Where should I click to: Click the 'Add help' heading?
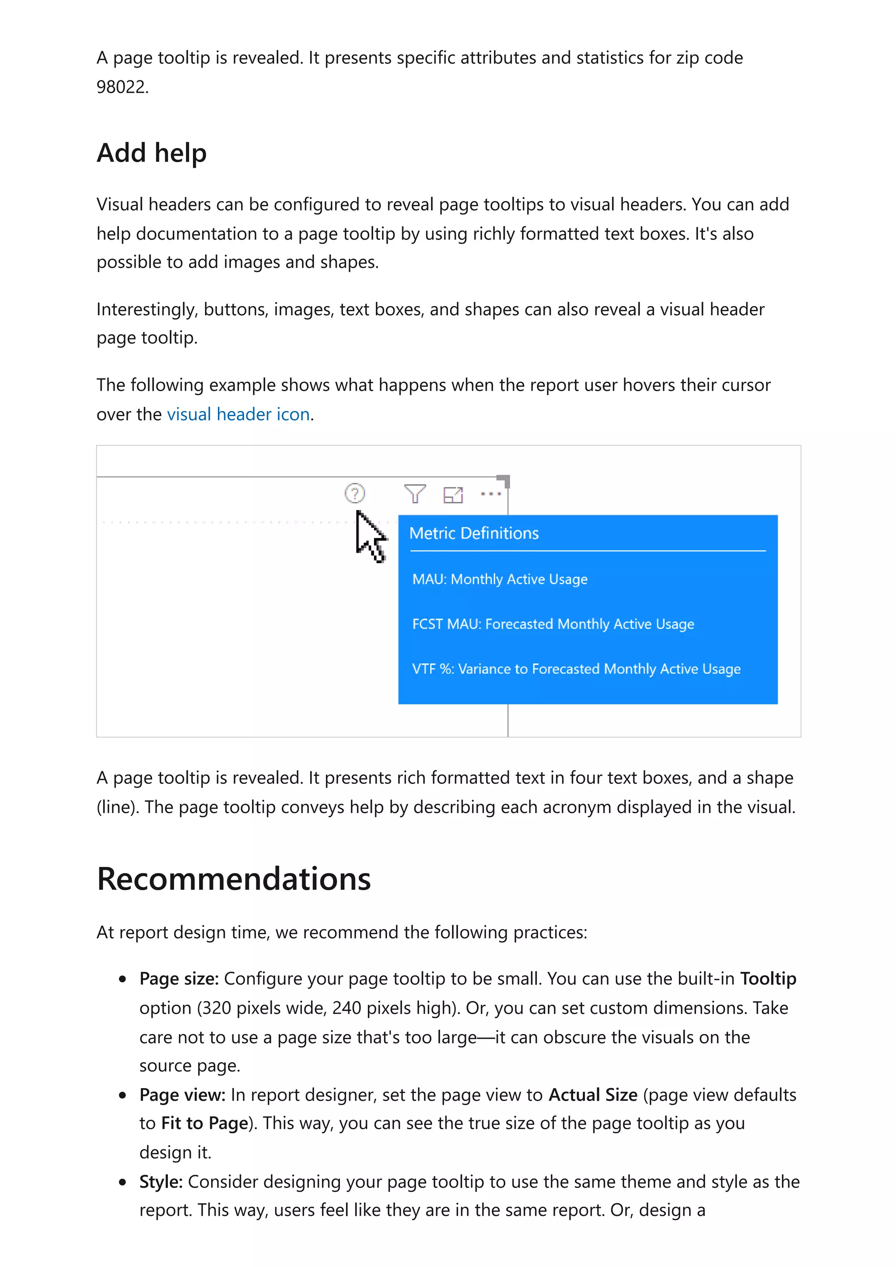tap(151, 153)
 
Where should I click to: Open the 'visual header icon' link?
tap(238, 414)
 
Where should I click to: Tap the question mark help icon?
tap(354, 493)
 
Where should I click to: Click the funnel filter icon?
tap(415, 493)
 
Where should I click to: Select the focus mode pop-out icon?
tap(453, 494)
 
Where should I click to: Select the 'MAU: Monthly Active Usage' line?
tap(500, 579)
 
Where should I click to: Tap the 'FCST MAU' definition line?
tap(553, 624)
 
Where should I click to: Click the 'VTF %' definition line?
tap(576, 669)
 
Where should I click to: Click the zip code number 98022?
tap(122, 87)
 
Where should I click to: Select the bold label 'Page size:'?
tap(179, 978)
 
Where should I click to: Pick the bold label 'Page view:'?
tap(182, 1095)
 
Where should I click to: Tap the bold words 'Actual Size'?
tap(592, 1095)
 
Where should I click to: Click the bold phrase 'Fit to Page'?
tap(204, 1124)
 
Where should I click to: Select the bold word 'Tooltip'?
tap(767, 978)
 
